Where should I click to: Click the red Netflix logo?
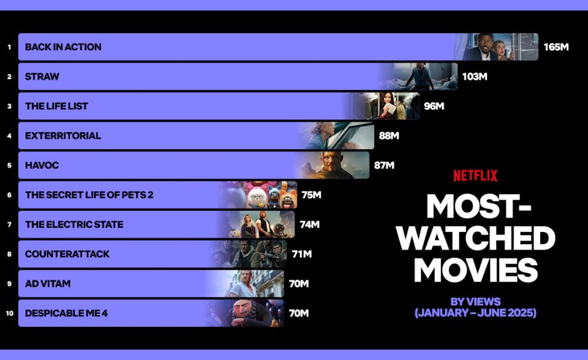pyautogui.click(x=475, y=176)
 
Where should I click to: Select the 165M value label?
pyautogui.click(x=556, y=47)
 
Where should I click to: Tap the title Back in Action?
pyautogui.click(x=63, y=47)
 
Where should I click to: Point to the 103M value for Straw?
pyautogui.click(x=474, y=77)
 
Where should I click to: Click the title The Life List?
pyautogui.click(x=56, y=106)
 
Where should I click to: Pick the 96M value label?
pyautogui.click(x=434, y=106)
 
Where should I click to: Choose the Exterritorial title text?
pyautogui.click(x=63, y=136)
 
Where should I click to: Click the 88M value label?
pyautogui.click(x=389, y=136)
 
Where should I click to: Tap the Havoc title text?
pyautogui.click(x=42, y=165)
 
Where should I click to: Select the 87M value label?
pyautogui.click(x=384, y=165)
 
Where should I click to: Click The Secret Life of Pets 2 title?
pyautogui.click(x=89, y=195)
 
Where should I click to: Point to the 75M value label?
pyautogui.click(x=311, y=195)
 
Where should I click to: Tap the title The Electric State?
pyautogui.click(x=74, y=225)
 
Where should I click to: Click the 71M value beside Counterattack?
pyautogui.click(x=302, y=254)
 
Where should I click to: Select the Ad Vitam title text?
pyautogui.click(x=48, y=284)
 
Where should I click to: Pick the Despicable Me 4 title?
pyautogui.click(x=66, y=313)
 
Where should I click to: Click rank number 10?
pyautogui.click(x=9, y=313)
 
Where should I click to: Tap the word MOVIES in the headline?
pyautogui.click(x=475, y=270)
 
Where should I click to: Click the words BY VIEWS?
pyautogui.click(x=475, y=301)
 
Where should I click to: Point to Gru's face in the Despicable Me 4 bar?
pyautogui.click(x=243, y=310)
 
